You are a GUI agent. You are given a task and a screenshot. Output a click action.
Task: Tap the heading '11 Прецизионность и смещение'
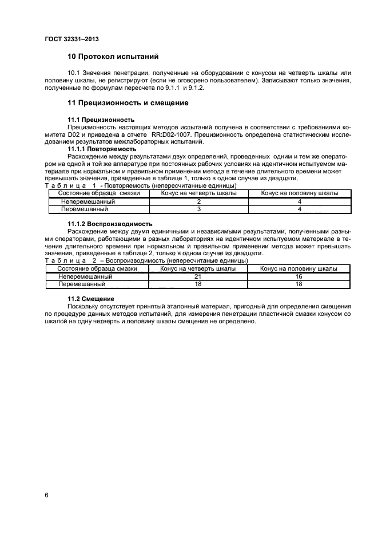tap(129, 103)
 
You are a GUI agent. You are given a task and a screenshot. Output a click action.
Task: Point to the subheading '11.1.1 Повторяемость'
tap(102, 149)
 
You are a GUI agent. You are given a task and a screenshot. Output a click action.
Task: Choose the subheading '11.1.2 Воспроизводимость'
tap(110, 223)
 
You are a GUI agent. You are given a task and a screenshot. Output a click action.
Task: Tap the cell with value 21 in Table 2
tap(198, 276)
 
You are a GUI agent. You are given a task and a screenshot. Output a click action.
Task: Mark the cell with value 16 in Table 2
tap(299, 276)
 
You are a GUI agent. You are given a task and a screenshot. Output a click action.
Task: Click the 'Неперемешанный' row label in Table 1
tap(89, 201)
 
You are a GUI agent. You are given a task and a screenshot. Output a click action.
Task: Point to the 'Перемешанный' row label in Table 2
tap(82, 283)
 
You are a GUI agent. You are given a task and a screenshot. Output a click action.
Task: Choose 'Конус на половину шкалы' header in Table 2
tap(299, 268)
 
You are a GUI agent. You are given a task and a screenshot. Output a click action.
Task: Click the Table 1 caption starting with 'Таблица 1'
tap(133, 186)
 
